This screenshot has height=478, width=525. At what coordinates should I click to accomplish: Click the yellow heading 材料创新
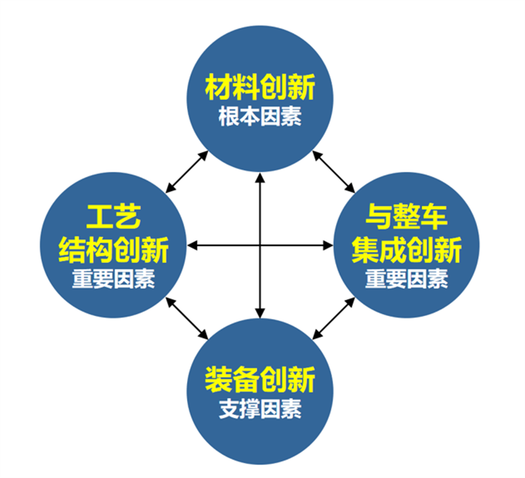[x=260, y=87]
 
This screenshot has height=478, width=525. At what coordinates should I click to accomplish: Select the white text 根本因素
[x=260, y=117]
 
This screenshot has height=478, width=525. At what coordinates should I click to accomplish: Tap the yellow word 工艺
[x=114, y=216]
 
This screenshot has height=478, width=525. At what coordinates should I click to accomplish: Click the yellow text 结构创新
[x=114, y=250]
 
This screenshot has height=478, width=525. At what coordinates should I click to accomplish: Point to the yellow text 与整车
[x=406, y=216]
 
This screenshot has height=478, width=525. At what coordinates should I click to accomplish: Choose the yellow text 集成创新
[x=406, y=250]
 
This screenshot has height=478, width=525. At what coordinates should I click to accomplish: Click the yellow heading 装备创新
[x=260, y=380]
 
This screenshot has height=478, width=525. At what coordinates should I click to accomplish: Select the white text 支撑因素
[x=260, y=408]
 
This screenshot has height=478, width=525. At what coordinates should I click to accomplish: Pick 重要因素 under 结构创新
[x=114, y=279]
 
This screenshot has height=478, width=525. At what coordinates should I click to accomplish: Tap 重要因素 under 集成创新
[x=406, y=279]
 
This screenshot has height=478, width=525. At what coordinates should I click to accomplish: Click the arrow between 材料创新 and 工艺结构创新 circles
[x=187, y=172]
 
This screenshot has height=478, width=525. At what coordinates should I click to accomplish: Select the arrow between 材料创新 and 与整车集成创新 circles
[x=333, y=172]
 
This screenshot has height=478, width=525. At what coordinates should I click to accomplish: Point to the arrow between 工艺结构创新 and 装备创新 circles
[x=187, y=319]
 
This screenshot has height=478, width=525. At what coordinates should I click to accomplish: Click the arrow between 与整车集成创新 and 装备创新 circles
[x=333, y=319]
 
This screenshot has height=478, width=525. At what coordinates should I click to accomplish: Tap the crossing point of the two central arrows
[x=260, y=245]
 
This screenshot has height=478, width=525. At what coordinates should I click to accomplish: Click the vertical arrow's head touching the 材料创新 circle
[x=260, y=178]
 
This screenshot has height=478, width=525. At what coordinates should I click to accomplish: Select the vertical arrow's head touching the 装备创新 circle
[x=260, y=313]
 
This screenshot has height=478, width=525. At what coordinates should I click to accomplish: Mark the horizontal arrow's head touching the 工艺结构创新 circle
[x=192, y=245]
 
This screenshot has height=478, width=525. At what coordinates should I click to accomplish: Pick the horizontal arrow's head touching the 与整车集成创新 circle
[x=327, y=245]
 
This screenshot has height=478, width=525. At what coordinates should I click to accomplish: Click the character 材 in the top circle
[x=219, y=87]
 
